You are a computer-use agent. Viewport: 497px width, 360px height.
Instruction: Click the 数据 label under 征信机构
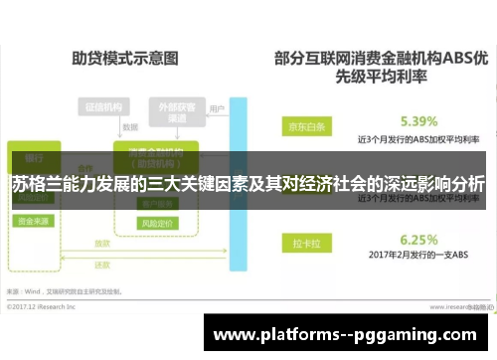pos(129,127)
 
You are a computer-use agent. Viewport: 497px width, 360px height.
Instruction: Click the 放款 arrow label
pos(102,242)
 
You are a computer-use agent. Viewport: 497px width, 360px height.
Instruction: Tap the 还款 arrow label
pos(102,266)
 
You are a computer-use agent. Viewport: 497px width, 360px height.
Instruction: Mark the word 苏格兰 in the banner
pos(36,184)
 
